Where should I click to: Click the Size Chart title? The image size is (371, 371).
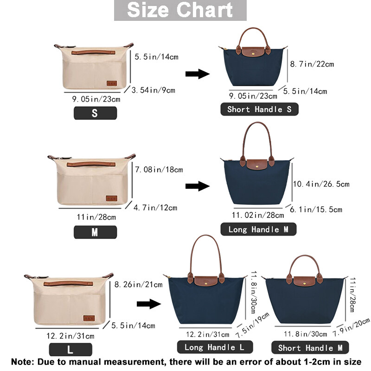click(x=180, y=10)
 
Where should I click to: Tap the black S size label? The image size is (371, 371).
click(x=95, y=113)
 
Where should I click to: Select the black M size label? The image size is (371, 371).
click(x=95, y=232)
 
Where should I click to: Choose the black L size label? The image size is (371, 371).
click(x=70, y=350)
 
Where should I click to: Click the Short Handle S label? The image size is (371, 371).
click(x=259, y=109)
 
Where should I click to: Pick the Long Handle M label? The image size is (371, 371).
click(x=258, y=229)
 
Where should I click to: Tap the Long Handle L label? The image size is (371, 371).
click(x=215, y=347)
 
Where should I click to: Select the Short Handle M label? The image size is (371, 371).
click(x=310, y=347)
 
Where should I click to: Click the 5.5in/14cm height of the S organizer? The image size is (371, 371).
click(x=156, y=57)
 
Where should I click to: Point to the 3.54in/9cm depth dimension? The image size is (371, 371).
click(x=154, y=90)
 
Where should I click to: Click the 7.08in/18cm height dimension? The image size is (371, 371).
click(x=159, y=169)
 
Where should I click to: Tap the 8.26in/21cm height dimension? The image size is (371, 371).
click(x=138, y=284)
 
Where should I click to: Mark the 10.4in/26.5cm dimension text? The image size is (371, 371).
click(x=321, y=184)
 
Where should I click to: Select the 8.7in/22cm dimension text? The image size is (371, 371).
click(x=312, y=64)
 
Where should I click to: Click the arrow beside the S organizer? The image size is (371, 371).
click(x=198, y=74)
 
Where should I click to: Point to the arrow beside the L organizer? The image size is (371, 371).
click(x=149, y=304)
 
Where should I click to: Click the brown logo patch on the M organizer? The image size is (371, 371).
click(x=111, y=198)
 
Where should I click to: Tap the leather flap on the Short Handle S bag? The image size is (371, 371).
click(x=253, y=52)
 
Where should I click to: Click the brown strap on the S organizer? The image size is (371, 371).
click(x=93, y=52)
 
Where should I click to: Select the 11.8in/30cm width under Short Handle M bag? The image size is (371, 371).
click(x=306, y=334)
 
